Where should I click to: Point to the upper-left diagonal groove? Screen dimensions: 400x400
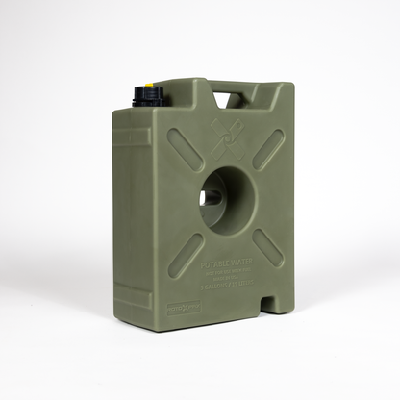coord(185,149)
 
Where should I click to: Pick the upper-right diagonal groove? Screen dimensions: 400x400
coord(268,148)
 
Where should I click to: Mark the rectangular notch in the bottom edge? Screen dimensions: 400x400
coord(272,309)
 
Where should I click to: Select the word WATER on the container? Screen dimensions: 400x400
coord(239,261)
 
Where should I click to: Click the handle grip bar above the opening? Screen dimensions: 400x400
coord(229,88)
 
